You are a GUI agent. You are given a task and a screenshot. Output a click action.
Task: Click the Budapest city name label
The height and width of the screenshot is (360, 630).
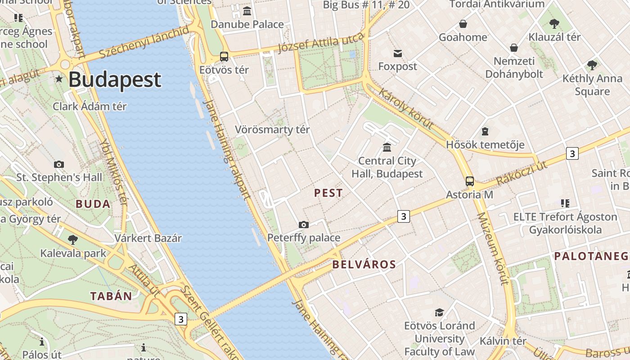pyautogui.click(x=115, y=80)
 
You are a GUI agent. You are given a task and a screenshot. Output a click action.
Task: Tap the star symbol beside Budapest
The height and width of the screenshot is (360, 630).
pyautogui.click(x=59, y=79)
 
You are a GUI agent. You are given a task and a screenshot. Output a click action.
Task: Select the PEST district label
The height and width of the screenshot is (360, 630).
pyautogui.click(x=328, y=193)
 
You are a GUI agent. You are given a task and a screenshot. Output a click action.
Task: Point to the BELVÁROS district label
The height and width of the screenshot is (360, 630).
pyautogui.click(x=364, y=265)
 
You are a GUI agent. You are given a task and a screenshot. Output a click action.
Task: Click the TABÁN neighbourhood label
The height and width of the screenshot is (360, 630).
pyautogui.click(x=111, y=296)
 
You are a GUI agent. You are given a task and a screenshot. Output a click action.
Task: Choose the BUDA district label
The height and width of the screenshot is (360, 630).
pyautogui.click(x=93, y=204)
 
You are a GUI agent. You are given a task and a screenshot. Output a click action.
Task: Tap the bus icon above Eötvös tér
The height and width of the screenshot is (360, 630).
pyautogui.click(x=224, y=57)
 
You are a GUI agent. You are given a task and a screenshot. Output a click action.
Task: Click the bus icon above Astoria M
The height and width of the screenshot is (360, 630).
pyautogui.click(x=470, y=181)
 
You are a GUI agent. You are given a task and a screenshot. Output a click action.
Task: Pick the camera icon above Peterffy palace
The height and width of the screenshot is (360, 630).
pyautogui.click(x=304, y=225)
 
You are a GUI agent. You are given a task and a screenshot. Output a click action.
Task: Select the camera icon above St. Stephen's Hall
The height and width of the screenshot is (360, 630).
pyautogui.click(x=59, y=164)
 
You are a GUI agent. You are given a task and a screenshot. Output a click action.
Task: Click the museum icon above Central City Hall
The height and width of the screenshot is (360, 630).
pyautogui.click(x=387, y=147)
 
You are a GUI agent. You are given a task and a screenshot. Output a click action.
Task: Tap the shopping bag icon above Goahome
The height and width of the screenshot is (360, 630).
pyautogui.click(x=463, y=24)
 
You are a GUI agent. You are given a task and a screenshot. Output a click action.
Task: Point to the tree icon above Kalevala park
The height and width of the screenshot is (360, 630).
pyautogui.click(x=73, y=239)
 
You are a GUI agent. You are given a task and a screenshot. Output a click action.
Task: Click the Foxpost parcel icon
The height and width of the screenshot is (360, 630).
pyautogui.click(x=398, y=54)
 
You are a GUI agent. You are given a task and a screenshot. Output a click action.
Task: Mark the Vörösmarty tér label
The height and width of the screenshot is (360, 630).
pyautogui.click(x=272, y=130)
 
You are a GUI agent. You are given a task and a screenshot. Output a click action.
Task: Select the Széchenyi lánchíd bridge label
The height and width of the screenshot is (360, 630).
pyautogui.click(x=144, y=42)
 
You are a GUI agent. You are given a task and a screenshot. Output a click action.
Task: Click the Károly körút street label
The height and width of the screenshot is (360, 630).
pyautogui.click(x=406, y=108)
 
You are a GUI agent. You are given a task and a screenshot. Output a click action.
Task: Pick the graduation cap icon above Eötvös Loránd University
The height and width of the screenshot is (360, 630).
pyautogui.click(x=439, y=312)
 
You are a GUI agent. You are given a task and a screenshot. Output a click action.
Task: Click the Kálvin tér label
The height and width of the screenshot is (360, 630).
pyautogui.click(x=503, y=341)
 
